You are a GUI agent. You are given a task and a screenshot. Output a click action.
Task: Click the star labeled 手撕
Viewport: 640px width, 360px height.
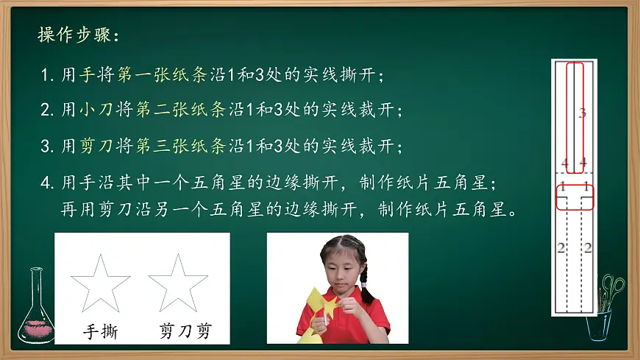click(100, 283)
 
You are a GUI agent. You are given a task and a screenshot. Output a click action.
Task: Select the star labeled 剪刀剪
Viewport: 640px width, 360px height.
click(178, 283)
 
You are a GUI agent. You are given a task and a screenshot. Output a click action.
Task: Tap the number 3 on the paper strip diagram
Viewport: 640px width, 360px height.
click(583, 113)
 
